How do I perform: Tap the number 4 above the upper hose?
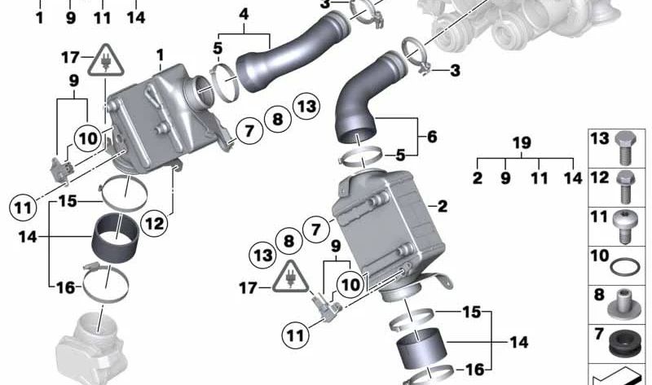pos(243,15)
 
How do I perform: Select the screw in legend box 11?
pos(625,224)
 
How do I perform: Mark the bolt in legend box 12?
pos(625,185)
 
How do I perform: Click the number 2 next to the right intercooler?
pos(443,207)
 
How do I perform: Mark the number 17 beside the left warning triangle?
pos(71,57)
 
